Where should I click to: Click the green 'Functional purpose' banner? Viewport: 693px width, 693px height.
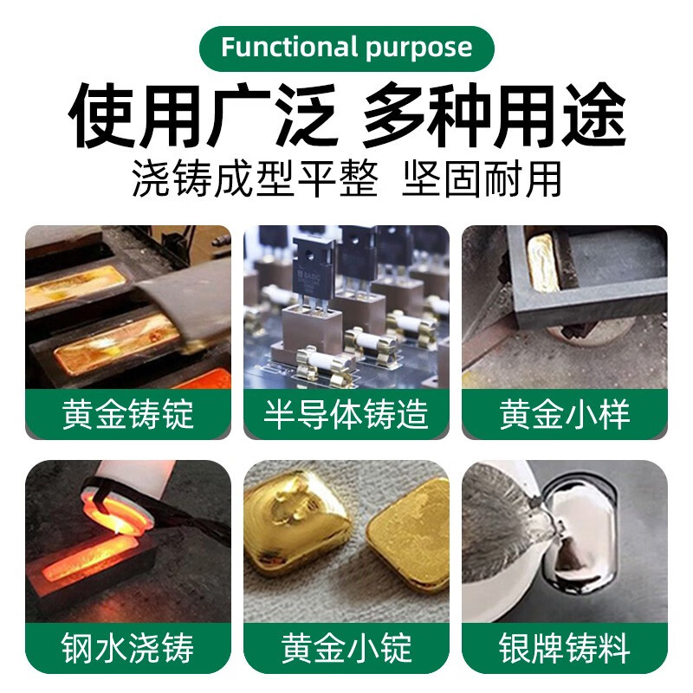(346, 48)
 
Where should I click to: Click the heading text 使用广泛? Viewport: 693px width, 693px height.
(203, 117)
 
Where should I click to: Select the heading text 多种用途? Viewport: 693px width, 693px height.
(494, 117)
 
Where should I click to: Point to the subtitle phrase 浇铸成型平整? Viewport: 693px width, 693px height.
(255, 180)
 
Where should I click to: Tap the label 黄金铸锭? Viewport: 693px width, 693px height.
(128, 414)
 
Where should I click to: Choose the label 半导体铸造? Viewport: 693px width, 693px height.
(346, 414)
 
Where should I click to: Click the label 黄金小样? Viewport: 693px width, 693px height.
(564, 414)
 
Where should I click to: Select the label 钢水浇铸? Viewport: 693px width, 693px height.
(128, 648)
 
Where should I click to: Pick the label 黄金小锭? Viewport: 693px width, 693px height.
(346, 648)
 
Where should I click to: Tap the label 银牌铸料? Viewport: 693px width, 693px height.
(564, 648)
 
